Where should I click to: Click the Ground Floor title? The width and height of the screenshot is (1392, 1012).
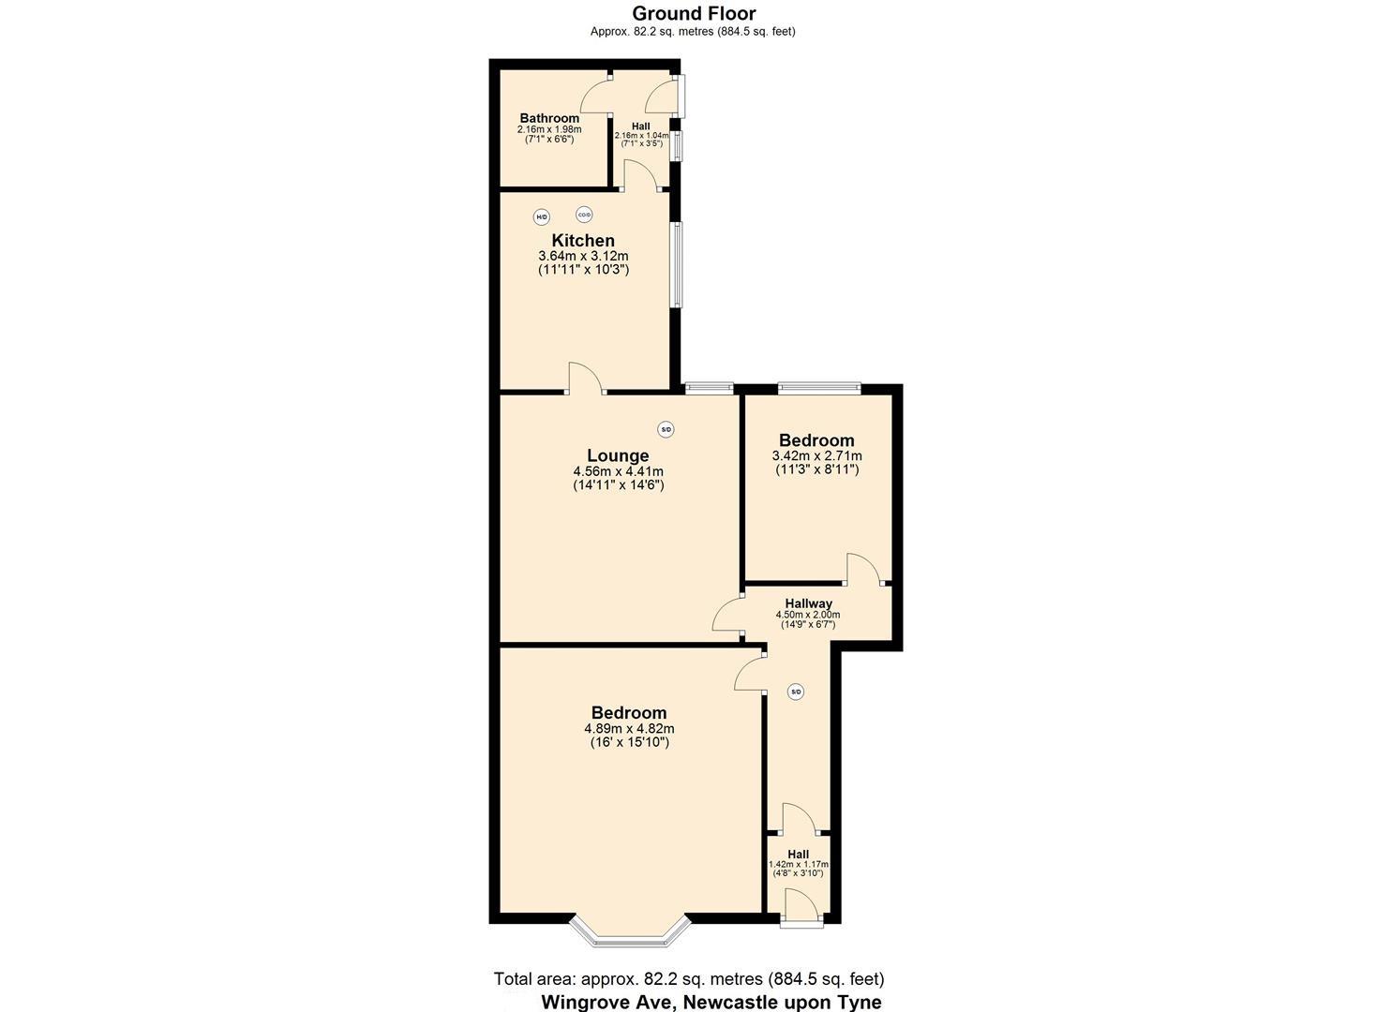(694, 13)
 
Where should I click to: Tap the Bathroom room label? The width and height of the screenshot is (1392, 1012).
(549, 118)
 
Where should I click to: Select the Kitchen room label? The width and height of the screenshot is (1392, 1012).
(582, 241)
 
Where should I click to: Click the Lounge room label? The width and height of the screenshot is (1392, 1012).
(618, 456)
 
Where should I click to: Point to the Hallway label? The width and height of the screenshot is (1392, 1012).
(808, 603)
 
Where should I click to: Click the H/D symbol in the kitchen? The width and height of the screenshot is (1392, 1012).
(541, 217)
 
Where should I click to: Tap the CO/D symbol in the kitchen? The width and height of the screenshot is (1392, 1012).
(584, 215)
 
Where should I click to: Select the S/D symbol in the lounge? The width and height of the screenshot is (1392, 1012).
(666, 430)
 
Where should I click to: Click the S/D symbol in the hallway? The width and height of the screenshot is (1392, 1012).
(796, 692)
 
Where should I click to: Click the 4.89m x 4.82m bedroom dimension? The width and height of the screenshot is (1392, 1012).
(629, 729)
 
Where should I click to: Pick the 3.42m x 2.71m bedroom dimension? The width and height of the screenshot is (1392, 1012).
(816, 456)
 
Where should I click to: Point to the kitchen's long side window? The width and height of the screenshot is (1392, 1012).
(676, 264)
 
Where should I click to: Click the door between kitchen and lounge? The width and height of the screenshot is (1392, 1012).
(585, 379)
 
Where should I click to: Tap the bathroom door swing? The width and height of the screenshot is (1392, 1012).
(596, 97)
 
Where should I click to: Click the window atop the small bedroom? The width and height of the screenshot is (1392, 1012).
(818, 386)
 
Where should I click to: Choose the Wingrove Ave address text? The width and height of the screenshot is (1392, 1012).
(711, 1002)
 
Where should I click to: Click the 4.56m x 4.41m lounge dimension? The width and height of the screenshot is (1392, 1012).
(618, 471)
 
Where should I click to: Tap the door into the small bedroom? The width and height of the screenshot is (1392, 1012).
(863, 570)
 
